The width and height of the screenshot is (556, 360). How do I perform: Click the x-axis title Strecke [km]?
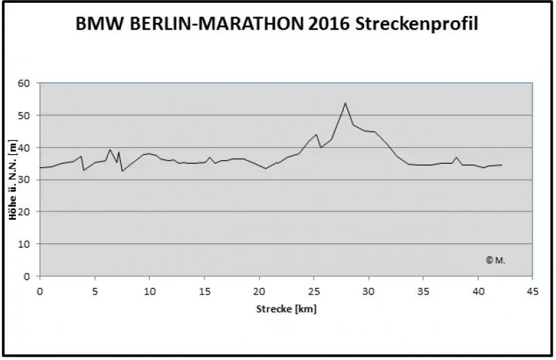coord(286,309)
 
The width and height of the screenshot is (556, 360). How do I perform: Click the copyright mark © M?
coord(495,260)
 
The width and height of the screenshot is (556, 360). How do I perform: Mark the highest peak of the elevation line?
coord(345,103)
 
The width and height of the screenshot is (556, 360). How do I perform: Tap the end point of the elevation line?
coord(501,165)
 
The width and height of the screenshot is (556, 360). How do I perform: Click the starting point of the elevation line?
coord(40,168)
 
